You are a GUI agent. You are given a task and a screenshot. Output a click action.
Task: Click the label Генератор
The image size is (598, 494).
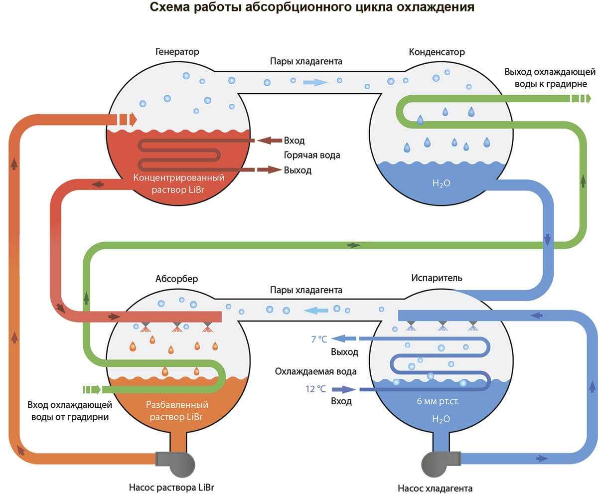pyautogui.click(x=177, y=52)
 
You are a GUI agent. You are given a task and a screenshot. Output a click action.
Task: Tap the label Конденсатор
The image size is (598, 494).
pyautogui.click(x=437, y=52)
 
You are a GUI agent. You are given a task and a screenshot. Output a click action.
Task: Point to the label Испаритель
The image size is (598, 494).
pyautogui.click(x=437, y=278)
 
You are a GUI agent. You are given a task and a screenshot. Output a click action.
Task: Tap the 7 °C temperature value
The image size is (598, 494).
pyautogui.click(x=319, y=339)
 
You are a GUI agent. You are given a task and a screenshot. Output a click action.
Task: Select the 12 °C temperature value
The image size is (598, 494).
pyautogui.click(x=316, y=389)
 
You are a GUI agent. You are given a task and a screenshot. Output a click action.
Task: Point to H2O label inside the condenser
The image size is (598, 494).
pyautogui.click(x=442, y=183)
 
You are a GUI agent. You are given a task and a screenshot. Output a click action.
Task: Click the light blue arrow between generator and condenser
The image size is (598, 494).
pyautogui.click(x=315, y=82)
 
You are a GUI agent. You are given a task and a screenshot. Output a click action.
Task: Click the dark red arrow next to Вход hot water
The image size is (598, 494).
pyautogui.click(x=268, y=141)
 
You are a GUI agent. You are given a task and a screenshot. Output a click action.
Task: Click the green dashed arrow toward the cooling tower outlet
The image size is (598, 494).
pyautogui.click(x=581, y=98)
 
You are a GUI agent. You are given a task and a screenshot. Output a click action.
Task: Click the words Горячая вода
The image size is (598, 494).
pyautogui.click(x=312, y=155)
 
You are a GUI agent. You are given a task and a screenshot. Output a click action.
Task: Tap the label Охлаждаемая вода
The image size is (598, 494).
pyautogui.click(x=315, y=371)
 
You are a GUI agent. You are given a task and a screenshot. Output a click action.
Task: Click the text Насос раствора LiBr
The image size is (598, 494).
pyautogui.click(x=174, y=487)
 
